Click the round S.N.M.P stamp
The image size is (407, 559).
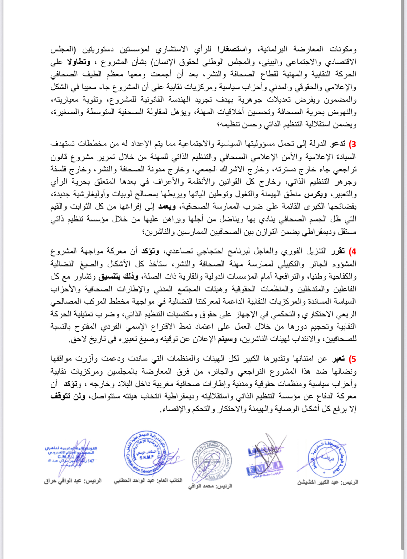[146, 455]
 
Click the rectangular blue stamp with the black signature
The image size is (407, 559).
[265, 460]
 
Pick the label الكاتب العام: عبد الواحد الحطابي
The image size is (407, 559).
[148, 480]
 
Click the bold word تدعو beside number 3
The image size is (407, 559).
[338, 144]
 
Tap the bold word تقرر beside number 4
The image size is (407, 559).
[338, 251]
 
